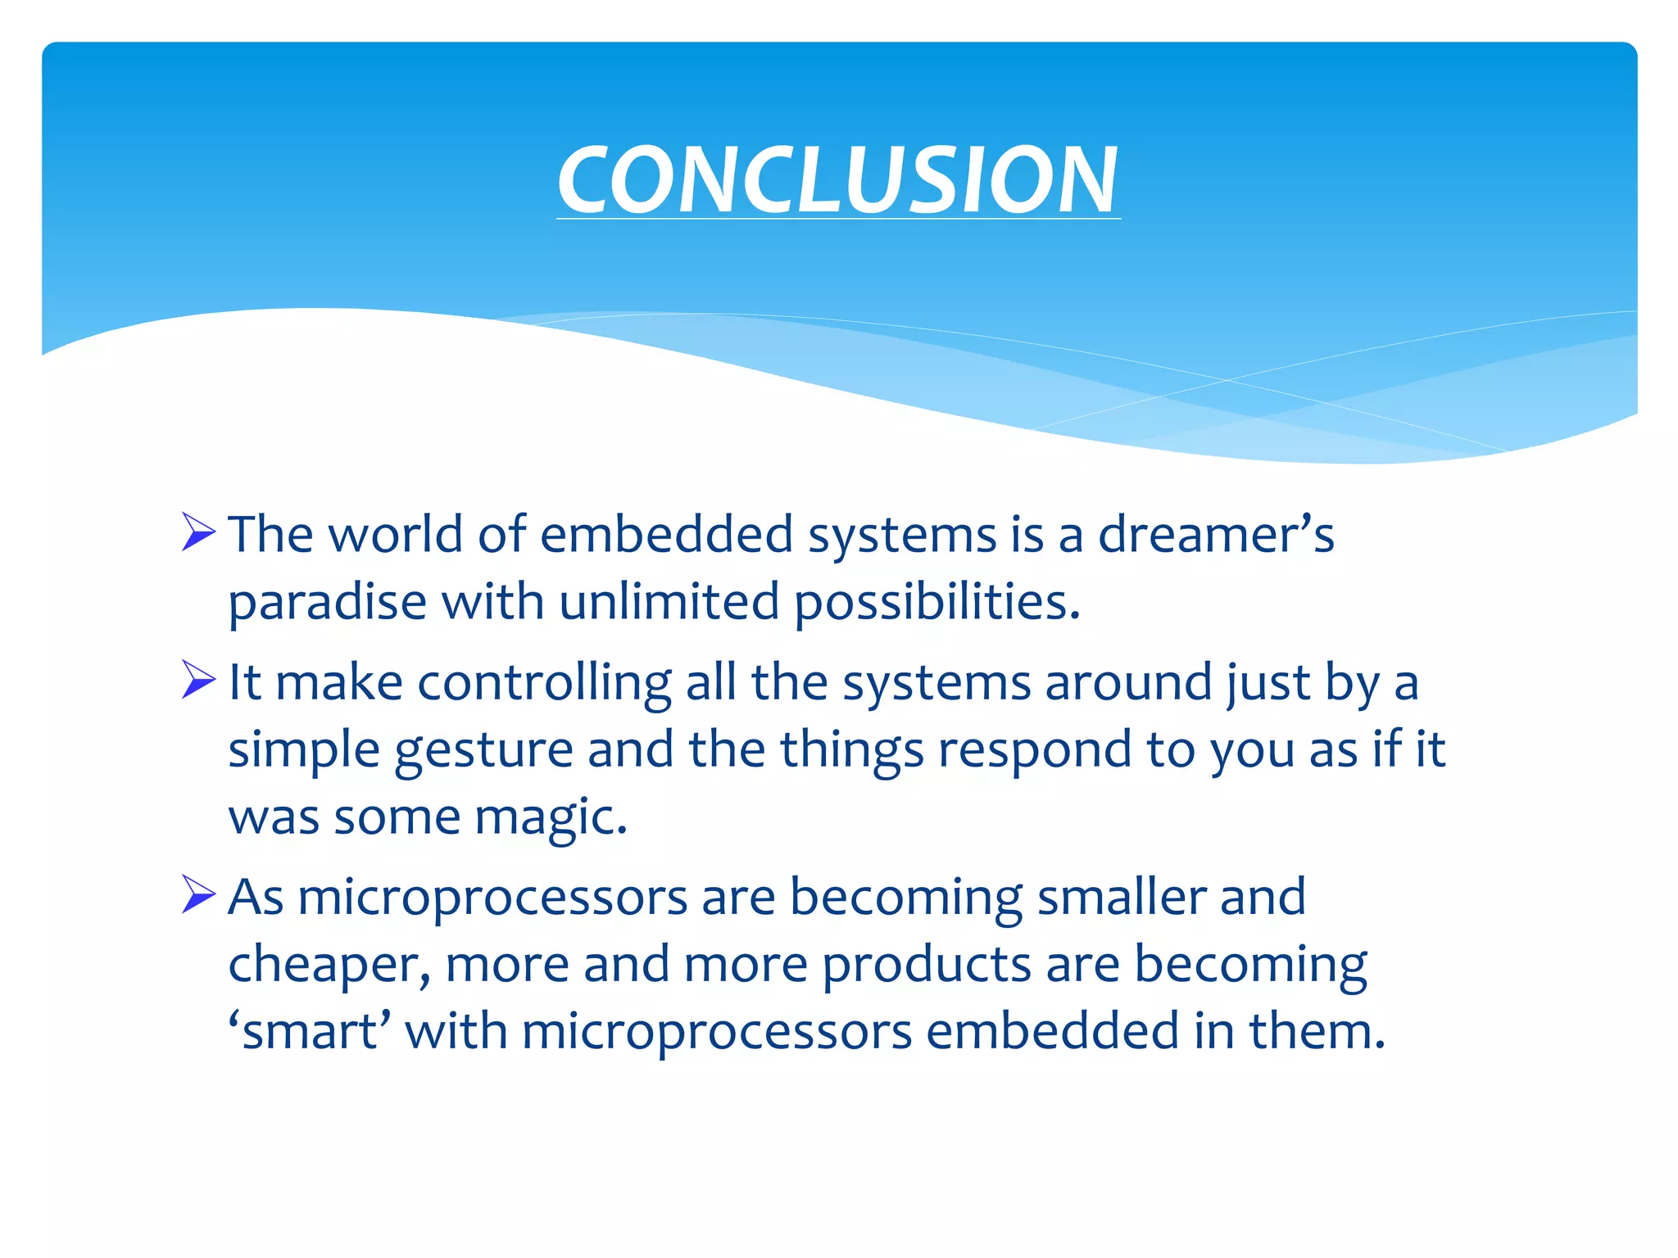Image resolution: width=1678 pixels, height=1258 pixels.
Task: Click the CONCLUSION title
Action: pyautogui.click(x=837, y=179)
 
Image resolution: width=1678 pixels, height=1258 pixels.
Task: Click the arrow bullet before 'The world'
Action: pyautogui.click(x=198, y=532)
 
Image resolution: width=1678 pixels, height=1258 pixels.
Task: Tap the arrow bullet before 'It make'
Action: pyautogui.click(x=198, y=680)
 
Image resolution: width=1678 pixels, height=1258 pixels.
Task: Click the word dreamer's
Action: pyautogui.click(x=1215, y=534)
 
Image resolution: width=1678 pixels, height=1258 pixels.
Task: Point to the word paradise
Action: pyautogui.click(x=327, y=604)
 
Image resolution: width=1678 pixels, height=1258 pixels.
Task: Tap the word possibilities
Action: pyautogui.click(x=937, y=604)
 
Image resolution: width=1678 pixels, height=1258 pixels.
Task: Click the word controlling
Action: pyautogui.click(x=544, y=683)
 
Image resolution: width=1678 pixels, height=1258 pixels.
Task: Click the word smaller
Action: pyautogui.click(x=1120, y=897)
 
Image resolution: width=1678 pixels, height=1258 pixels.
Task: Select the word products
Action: pyautogui.click(x=926, y=965)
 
